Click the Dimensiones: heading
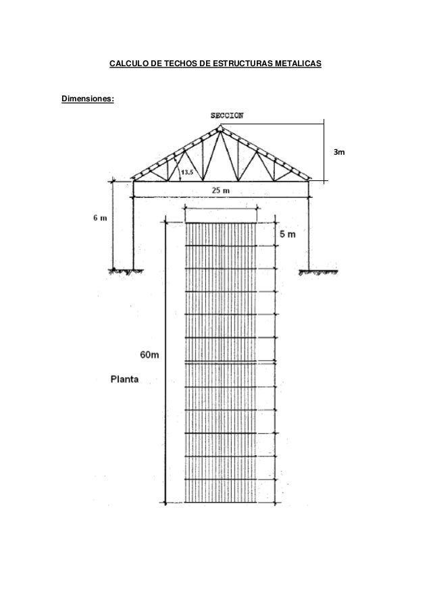[88, 99]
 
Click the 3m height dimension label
[336, 154]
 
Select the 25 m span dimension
[221, 190]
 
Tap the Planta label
[125, 379]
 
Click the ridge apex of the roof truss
[220, 126]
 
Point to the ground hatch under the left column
[127, 271]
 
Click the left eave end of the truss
[132, 180]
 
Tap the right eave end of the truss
[310, 180]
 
